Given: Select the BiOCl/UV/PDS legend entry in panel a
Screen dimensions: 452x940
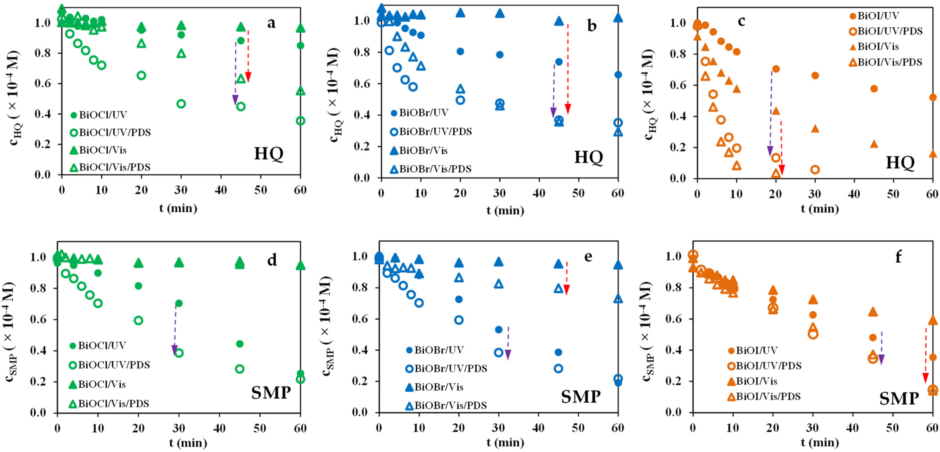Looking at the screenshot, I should click(x=110, y=132).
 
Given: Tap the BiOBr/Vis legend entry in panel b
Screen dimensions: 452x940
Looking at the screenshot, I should click(x=419, y=150).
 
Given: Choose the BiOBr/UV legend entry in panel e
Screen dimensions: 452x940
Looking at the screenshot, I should click(x=434, y=350).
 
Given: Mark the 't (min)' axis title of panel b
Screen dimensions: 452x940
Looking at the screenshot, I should click(x=505, y=210).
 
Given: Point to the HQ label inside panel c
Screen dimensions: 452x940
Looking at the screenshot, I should click(x=900, y=162).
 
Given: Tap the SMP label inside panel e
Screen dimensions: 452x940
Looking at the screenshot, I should click(x=581, y=397).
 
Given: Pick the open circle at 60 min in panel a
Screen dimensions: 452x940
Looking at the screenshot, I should click(x=300, y=121).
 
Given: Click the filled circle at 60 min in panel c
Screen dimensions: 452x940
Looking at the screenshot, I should click(x=933, y=97).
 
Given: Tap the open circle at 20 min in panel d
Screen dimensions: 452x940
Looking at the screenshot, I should click(x=138, y=320).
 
